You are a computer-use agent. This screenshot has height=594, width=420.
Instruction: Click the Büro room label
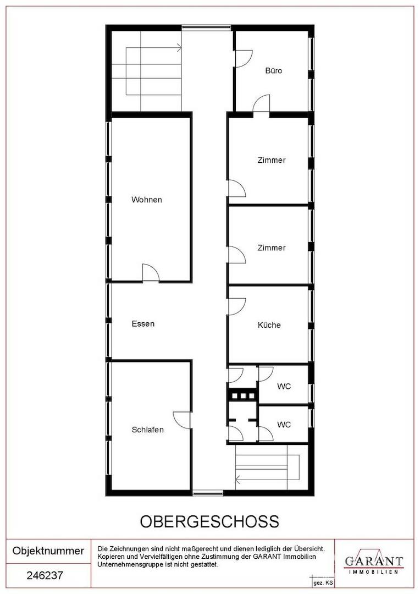[x=273, y=70]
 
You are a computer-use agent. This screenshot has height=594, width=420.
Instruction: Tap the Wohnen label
[x=147, y=200]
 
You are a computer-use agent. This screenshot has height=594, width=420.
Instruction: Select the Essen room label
[x=143, y=324]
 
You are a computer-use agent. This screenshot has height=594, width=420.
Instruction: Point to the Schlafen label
[x=148, y=430]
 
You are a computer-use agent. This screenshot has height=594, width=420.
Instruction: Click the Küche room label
[x=269, y=325]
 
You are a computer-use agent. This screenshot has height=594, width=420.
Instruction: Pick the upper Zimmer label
[x=272, y=160]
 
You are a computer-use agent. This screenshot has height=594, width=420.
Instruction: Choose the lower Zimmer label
[x=272, y=248]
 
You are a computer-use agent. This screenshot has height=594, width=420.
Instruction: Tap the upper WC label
[x=284, y=387]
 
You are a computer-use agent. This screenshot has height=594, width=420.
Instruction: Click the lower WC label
[x=284, y=425]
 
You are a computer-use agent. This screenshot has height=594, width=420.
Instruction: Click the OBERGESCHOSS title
[x=210, y=521]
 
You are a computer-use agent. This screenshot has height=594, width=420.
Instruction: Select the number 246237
[x=45, y=575]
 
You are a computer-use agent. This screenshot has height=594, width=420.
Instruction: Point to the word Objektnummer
[x=48, y=551]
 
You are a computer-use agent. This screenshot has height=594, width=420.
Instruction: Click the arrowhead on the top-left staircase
[x=179, y=48]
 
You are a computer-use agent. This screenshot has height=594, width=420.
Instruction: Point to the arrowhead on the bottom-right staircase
[x=239, y=480]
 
